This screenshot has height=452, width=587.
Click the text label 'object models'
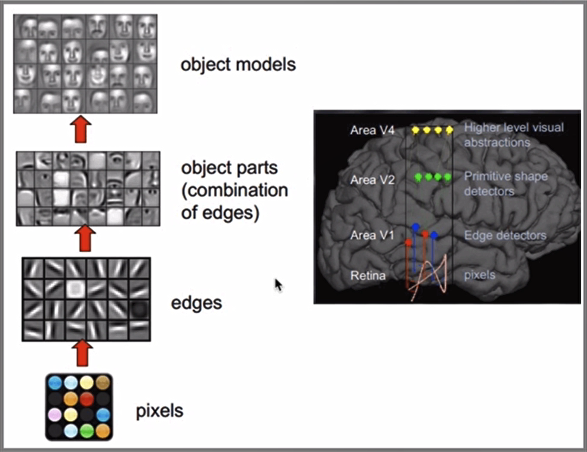tap(238, 65)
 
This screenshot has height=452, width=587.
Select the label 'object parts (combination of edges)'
tap(234, 191)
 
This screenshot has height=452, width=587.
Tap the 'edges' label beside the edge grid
tap(196, 303)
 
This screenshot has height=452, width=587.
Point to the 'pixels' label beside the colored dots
tap(159, 411)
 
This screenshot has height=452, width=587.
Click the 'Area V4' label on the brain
tap(372, 130)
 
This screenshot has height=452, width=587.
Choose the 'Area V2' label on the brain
tap(372, 181)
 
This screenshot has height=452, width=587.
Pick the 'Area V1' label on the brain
tap(372, 235)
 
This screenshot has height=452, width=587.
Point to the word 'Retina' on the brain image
tap(368, 276)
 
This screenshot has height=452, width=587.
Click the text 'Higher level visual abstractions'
tap(514, 135)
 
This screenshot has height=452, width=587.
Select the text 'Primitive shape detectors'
tap(506, 184)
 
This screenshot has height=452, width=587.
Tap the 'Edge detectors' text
tap(505, 236)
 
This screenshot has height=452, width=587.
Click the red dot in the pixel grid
tap(87, 398)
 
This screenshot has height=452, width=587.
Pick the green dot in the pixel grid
tap(87, 431)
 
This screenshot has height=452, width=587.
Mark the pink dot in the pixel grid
tap(55, 415)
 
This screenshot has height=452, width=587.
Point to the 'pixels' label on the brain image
tap(479, 276)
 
